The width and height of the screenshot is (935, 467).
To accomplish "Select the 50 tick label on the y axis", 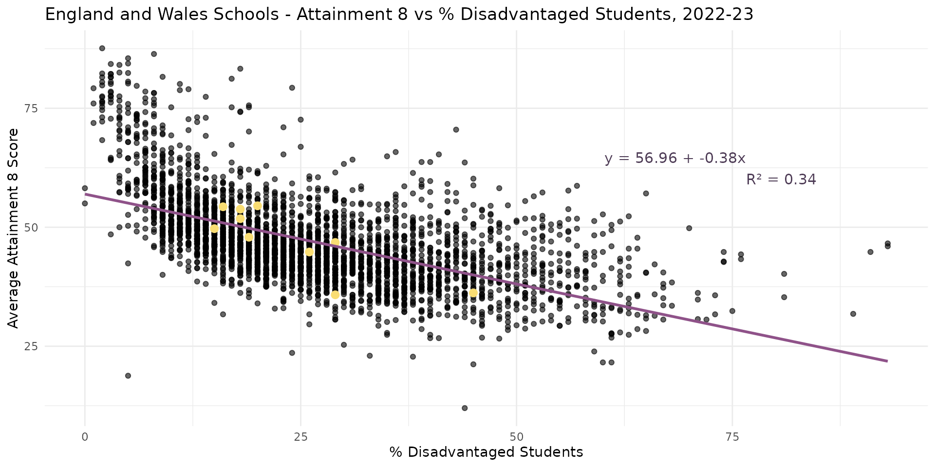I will [x=31, y=227].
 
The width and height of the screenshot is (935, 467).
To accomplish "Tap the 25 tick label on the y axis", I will [x=31, y=346].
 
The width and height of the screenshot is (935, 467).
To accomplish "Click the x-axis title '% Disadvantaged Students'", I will [x=486, y=452].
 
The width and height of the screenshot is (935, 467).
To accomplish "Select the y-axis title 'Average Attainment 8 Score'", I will [x=13, y=228].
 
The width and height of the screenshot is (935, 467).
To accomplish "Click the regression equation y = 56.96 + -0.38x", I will [x=674, y=158].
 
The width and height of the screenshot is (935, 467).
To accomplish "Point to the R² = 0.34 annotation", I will [x=781, y=180].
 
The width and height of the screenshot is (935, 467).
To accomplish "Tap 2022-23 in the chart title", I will [x=718, y=15].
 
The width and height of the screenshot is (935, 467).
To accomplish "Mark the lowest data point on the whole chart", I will [x=465, y=408].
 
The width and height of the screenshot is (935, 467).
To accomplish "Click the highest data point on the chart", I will [x=102, y=48].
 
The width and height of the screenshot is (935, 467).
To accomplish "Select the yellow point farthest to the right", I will [x=473, y=293].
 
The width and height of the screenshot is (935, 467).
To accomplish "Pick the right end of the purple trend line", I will [x=887, y=361].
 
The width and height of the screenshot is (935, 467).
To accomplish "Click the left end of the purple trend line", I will [x=85, y=194].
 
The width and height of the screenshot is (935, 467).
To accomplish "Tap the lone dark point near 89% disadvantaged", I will [x=853, y=314].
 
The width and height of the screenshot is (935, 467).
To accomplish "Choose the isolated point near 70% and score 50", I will [x=689, y=228].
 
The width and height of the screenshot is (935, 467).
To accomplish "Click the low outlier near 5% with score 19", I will [x=128, y=376].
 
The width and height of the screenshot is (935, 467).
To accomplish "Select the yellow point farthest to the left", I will [x=214, y=229].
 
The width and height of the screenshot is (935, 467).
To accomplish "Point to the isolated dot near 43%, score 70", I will [x=456, y=129].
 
